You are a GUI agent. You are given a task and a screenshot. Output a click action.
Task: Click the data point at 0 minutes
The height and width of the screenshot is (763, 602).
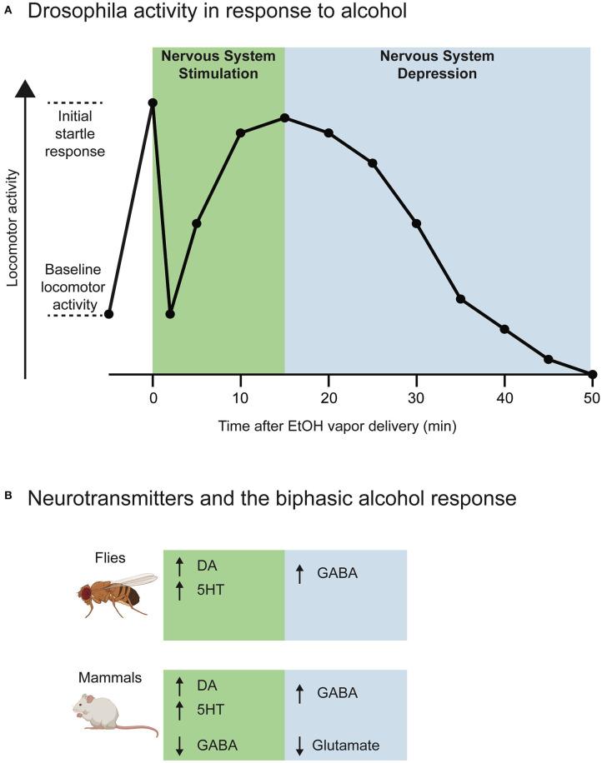153,103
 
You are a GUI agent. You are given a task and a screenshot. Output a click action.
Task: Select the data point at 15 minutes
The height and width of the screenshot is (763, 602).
284,118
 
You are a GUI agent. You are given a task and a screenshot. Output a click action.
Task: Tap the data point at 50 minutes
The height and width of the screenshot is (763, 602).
592,375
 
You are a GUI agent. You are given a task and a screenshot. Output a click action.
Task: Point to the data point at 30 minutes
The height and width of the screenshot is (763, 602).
416,223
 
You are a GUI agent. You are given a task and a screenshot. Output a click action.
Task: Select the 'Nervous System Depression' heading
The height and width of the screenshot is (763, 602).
437,65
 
